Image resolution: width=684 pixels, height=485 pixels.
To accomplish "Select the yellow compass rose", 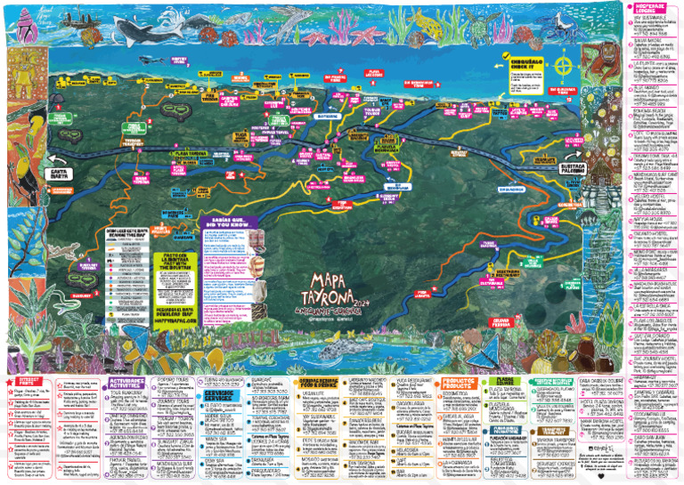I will click(562, 66).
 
